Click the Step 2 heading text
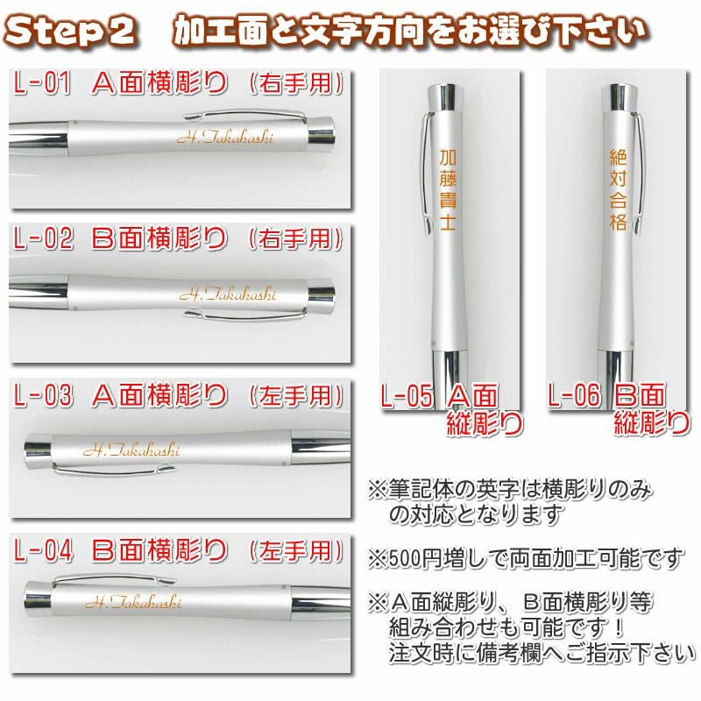pos(70,32)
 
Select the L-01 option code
pos(42,83)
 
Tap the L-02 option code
pos(43,237)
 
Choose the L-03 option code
pos(43,395)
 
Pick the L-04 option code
pos(43,550)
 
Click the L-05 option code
pos(407,396)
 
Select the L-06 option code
pos(574,395)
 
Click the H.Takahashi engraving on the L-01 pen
pos(225,137)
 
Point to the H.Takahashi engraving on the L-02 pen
pos(228,294)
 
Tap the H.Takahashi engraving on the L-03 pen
pos(132,450)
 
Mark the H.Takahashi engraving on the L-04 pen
pos(133,602)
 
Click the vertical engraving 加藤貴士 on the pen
pos(448,189)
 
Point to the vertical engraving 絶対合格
pos(618,189)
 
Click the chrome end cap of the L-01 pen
pos(322,133)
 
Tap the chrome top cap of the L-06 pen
pos(619,97)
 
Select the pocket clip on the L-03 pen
pos(113,469)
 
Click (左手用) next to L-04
pos(296,550)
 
